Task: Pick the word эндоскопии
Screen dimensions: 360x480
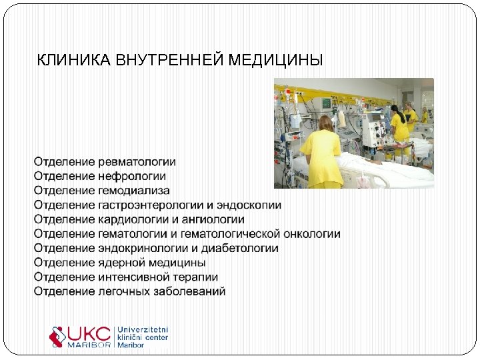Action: click(252, 205)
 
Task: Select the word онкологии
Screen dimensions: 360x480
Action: click(312, 234)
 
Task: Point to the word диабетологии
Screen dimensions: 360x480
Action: click(245, 248)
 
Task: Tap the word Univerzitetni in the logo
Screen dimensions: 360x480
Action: click(143, 329)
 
